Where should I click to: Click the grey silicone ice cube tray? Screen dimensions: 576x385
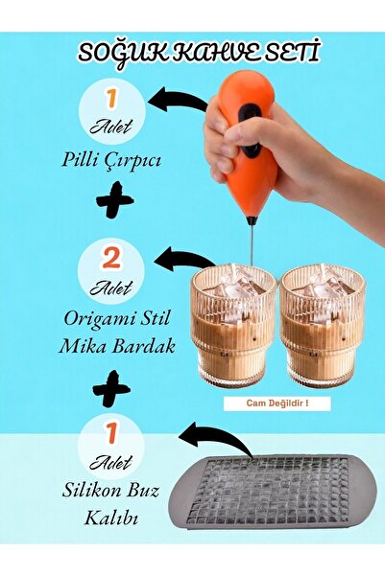pos(277,490)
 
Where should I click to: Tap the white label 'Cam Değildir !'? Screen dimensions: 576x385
pos(277,403)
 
